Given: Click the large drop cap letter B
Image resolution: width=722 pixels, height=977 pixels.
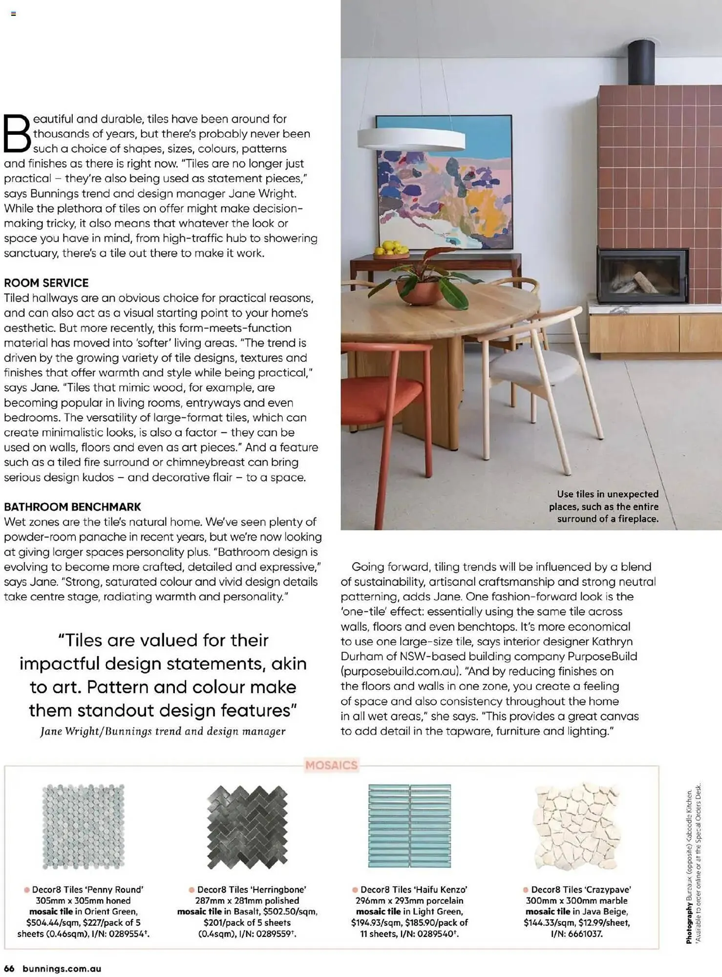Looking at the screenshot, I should coord(17,133).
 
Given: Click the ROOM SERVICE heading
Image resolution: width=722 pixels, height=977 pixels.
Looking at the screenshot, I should coord(46,283).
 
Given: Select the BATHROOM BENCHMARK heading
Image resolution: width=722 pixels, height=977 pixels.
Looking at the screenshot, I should coord(72,507).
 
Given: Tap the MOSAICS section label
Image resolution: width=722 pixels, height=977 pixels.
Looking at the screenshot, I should coord(331,765).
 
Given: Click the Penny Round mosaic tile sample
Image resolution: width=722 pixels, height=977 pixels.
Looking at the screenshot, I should coord(83,827).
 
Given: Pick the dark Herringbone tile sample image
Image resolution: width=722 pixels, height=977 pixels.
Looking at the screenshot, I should coord(247,827).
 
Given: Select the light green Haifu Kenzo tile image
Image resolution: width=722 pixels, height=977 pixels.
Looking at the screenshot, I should coord(409,826).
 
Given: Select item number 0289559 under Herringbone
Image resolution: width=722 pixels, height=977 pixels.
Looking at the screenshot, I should coord(270,934).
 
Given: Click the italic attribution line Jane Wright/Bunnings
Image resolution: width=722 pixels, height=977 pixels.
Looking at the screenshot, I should coord(163,731).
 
